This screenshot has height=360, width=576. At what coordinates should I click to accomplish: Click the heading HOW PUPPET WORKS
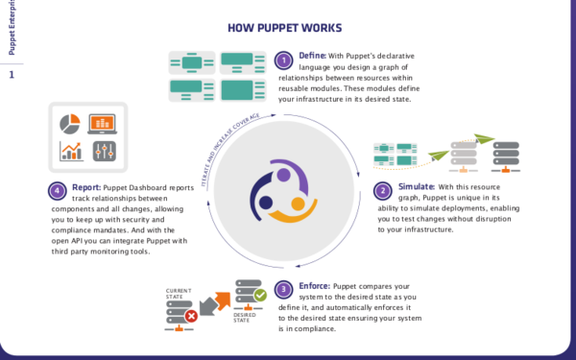pos(287,28)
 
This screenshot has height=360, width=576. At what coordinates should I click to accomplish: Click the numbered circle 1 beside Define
pos(283,60)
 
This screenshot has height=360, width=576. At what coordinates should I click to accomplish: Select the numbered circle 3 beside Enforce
pos(283,288)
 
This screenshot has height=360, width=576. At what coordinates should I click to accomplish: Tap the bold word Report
pos(87,187)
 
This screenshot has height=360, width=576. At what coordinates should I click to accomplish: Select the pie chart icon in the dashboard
pos(69,124)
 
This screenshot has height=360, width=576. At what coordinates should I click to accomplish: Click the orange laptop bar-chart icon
pos(102,124)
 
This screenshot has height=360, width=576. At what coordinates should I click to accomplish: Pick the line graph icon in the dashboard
pos(70,152)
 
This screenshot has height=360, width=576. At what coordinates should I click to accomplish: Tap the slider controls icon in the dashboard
pos(103,152)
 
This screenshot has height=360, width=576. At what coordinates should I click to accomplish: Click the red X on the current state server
pos(191,315)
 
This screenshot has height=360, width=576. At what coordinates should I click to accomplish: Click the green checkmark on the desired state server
pos(259,296)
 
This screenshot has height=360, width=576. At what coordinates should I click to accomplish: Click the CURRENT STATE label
pos(180,292)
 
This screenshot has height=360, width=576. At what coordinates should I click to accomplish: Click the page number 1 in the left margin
pos(12,74)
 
